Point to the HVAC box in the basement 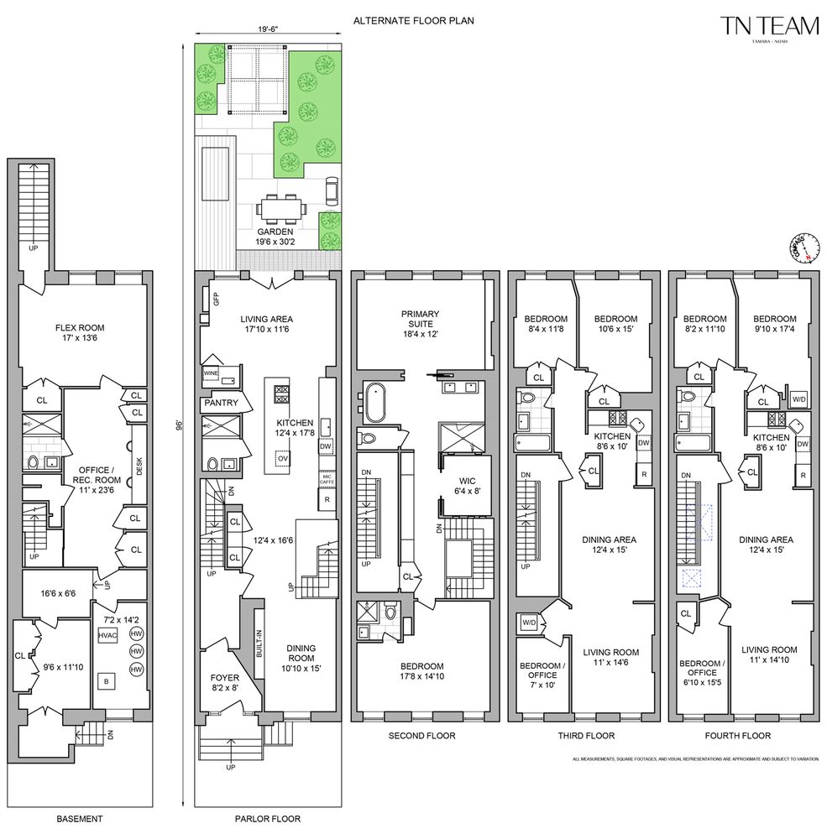107,636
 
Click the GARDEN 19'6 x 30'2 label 275,237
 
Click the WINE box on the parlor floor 212,375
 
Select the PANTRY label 221,403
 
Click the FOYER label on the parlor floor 224,682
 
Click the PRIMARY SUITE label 420,320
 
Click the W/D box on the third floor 530,623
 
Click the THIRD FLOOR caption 586,736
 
